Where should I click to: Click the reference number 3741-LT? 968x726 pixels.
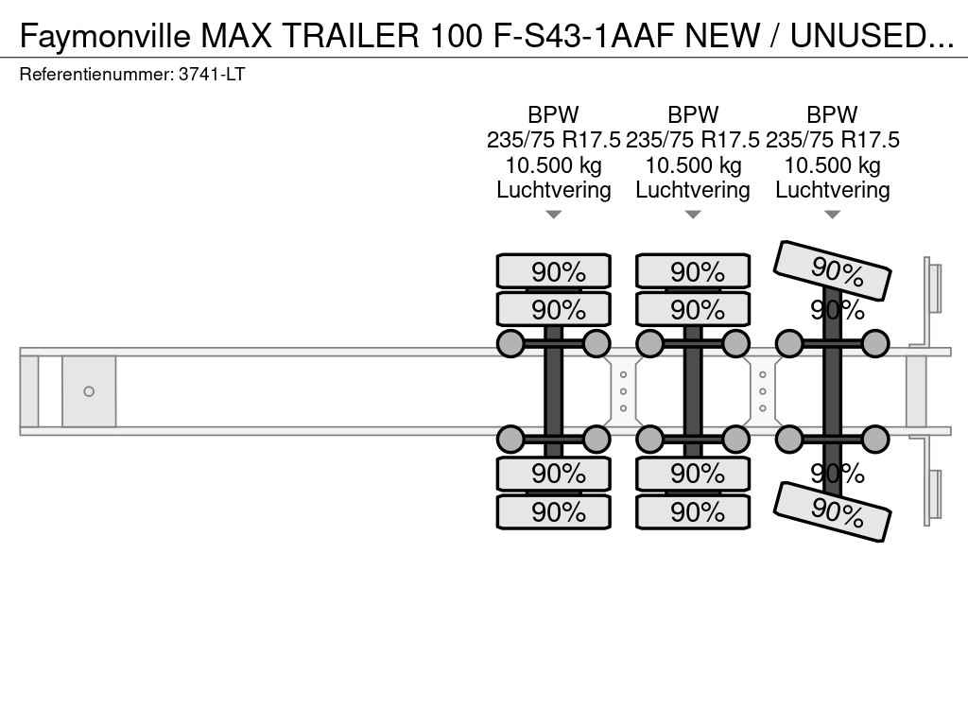(212, 75)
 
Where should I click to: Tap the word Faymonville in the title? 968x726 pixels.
(105, 37)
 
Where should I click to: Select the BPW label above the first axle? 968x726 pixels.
(553, 114)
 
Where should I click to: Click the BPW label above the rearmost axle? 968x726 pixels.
(832, 114)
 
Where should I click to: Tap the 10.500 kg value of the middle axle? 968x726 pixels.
(693, 164)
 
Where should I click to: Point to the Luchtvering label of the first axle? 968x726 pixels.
(554, 189)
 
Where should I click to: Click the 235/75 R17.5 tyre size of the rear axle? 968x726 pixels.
(832, 140)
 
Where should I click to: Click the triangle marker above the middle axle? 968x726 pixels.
(693, 215)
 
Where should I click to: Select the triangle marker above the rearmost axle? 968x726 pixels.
(832, 215)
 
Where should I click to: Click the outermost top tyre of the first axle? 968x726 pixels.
(554, 271)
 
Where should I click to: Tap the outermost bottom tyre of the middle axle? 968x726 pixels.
(693, 511)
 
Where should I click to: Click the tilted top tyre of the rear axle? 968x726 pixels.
(832, 270)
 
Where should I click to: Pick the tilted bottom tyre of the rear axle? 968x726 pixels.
(832, 511)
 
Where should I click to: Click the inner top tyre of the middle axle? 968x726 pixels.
(693, 309)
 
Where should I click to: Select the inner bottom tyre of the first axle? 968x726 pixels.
(554, 474)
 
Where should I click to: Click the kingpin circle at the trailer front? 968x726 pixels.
(89, 391)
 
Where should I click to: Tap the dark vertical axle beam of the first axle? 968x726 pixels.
(554, 391)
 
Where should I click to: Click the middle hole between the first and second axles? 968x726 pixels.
(624, 391)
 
